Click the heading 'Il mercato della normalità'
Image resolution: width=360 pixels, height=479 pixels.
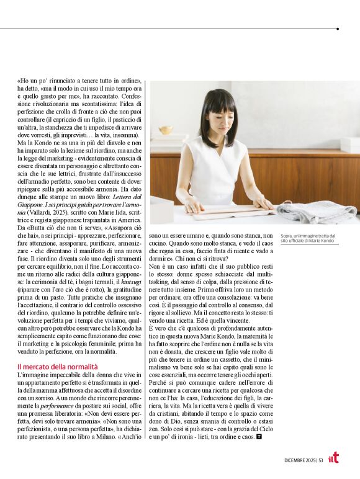click(57, 367)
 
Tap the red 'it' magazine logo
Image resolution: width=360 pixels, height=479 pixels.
click(334, 458)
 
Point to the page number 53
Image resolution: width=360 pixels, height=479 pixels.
click(320, 460)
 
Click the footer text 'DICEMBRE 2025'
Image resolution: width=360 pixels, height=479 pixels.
click(300, 460)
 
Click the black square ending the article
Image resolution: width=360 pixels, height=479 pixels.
click(258, 437)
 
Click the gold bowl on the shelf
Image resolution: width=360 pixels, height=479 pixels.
click(165, 130)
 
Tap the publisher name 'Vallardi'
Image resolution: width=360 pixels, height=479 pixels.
click(40, 212)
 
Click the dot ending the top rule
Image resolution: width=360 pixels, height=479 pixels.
click(337, 29)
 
